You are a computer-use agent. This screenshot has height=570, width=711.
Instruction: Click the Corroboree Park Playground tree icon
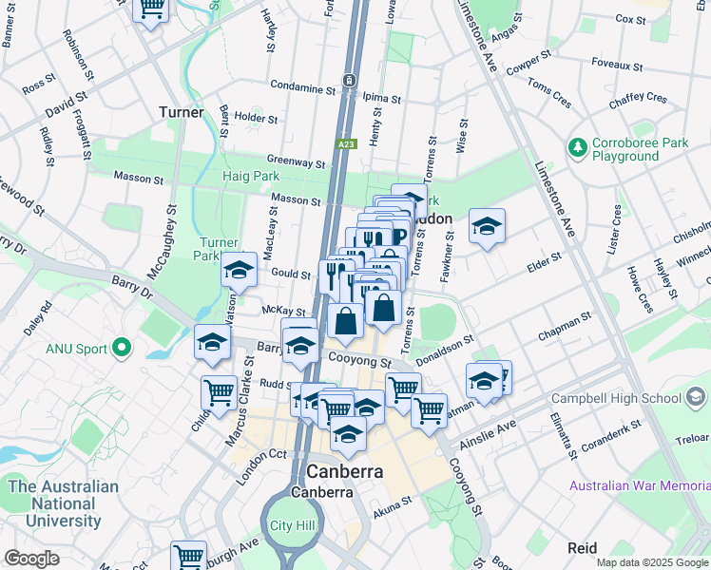(576, 147)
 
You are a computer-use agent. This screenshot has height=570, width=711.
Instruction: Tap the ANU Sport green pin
(121, 348)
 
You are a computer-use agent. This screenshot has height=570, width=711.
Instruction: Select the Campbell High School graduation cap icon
(697, 396)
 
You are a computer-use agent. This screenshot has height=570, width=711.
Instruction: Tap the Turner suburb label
(181, 112)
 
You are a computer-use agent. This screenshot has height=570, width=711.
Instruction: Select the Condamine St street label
(303, 85)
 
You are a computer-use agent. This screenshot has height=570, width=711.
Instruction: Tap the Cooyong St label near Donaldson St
(359, 361)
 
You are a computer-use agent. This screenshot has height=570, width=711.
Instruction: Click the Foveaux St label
(617, 67)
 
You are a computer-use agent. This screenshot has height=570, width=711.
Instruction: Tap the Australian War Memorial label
(640, 485)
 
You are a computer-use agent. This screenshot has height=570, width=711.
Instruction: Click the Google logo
(32, 559)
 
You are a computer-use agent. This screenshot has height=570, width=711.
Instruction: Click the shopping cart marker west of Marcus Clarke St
(219, 390)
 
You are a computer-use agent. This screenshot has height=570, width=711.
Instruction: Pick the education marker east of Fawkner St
(487, 226)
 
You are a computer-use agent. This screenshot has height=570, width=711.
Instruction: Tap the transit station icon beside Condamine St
(350, 80)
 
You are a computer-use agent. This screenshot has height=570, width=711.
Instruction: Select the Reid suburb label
(582, 548)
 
